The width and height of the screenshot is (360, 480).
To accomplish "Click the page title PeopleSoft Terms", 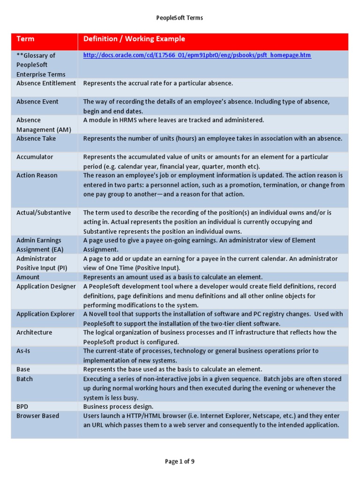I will (180, 18).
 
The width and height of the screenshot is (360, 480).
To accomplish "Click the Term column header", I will (26, 39).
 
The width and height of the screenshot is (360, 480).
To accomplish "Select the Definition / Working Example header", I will (134, 39).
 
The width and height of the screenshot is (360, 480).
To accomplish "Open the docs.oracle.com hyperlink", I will (197, 55).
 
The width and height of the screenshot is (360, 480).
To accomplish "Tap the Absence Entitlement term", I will (46, 83).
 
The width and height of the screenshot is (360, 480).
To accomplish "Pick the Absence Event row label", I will (37, 102).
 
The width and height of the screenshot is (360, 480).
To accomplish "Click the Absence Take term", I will (36, 138).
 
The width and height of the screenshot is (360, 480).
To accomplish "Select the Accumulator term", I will (35, 157).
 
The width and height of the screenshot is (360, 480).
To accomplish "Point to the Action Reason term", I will (37, 175).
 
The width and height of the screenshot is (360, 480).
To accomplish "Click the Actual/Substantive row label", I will (44, 212).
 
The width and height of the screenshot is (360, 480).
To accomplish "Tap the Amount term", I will (28, 277).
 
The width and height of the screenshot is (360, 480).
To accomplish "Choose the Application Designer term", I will (46, 286).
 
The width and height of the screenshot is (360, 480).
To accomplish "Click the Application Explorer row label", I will (45, 314).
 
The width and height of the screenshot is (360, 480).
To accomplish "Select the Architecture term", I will (34, 332).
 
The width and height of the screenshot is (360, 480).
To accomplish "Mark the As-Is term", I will (23, 351).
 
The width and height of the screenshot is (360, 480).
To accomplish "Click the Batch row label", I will (25, 379).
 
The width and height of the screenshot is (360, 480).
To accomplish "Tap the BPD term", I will (22, 406).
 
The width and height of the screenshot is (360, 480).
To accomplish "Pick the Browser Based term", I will (37, 416).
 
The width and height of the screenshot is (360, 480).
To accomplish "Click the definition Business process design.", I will (118, 406).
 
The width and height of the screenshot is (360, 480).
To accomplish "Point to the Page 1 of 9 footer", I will (180, 462).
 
